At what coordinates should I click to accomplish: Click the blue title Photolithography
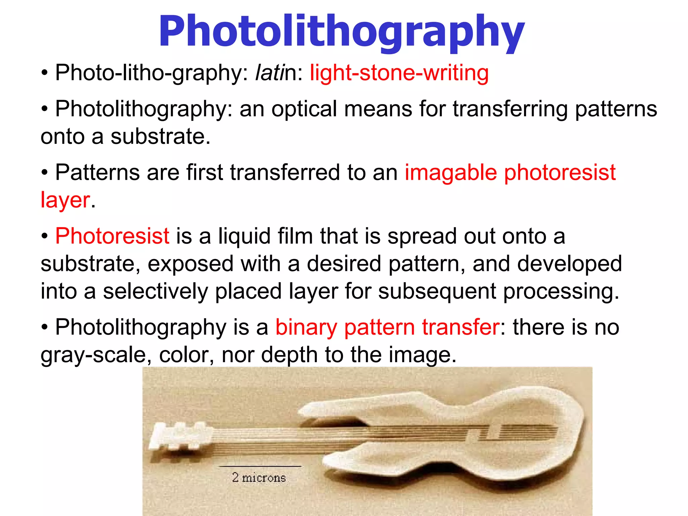(x=341, y=32)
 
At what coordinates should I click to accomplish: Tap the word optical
(x=304, y=109)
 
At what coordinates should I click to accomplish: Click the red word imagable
(x=450, y=172)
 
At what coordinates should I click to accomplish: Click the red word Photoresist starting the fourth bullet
(x=112, y=236)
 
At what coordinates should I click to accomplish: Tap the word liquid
(x=244, y=236)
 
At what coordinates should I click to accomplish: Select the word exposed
(x=190, y=264)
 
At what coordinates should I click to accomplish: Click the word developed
(x=569, y=264)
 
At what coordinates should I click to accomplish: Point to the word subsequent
(x=437, y=291)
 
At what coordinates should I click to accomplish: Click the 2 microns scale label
(x=259, y=477)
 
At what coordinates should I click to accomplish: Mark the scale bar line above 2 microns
(x=260, y=466)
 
